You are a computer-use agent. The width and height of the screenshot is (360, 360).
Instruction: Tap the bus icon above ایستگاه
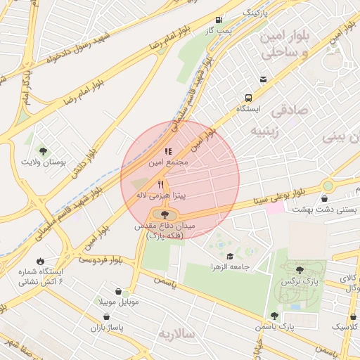[248, 98]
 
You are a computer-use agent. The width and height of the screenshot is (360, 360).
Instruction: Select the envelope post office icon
[263, 79]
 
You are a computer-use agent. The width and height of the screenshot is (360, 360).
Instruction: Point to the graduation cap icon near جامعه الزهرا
[230, 257]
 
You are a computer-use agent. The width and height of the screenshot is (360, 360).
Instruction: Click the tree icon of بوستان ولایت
[44, 151]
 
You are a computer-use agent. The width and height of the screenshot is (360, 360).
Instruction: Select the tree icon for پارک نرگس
[300, 269]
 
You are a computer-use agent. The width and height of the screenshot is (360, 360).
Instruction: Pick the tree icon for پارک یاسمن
[274, 316]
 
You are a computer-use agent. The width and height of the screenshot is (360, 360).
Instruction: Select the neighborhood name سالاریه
[180, 334]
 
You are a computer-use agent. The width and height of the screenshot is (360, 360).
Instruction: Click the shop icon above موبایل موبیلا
[126, 291]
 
